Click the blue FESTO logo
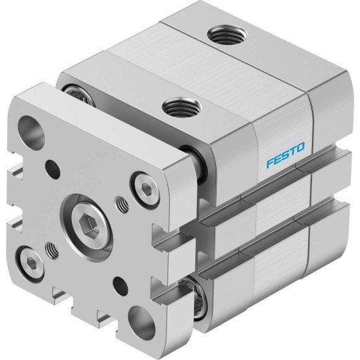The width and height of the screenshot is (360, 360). [285, 155]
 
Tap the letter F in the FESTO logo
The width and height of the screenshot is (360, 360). [270, 163]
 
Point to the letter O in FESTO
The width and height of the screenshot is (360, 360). [301, 147]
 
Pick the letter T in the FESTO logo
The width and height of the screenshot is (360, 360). [293, 151]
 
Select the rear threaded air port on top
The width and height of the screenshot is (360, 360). [227, 34]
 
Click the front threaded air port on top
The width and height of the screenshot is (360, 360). [182, 108]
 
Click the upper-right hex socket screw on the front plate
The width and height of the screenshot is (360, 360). [145, 188]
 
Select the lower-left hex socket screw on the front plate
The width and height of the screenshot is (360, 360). [30, 262]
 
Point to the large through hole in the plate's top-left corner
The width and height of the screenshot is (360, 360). [31, 130]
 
